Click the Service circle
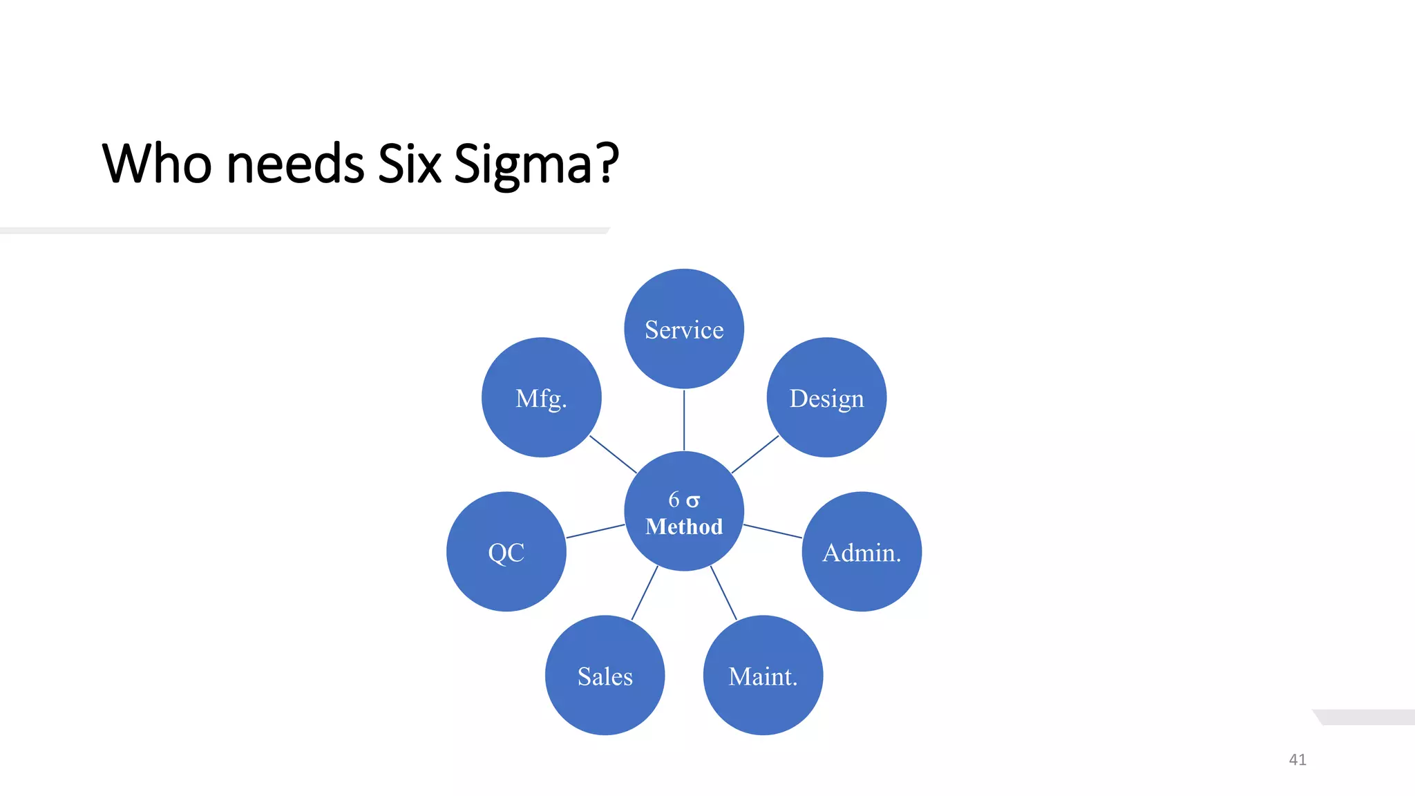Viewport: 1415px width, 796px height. pyautogui.click(x=684, y=329)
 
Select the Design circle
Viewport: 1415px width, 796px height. pyautogui.click(x=826, y=397)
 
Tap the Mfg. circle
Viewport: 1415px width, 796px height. pyautogui.click(x=541, y=397)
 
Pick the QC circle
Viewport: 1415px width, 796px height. pyautogui.click(x=506, y=551)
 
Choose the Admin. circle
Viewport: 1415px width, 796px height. pyautogui.click(x=862, y=551)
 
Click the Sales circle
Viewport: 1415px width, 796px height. pyautogui.click(x=605, y=675)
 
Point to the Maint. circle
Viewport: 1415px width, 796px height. pyautogui.click(x=763, y=675)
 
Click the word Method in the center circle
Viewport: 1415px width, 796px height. pyautogui.click(x=684, y=527)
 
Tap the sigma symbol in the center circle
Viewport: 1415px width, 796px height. pyautogui.click(x=693, y=500)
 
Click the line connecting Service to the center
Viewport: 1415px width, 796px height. pyautogui.click(x=684, y=420)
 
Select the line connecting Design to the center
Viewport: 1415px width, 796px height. pyautogui.click(x=755, y=454)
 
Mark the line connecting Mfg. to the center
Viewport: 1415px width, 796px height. pyautogui.click(x=613, y=454)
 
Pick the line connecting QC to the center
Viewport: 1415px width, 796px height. pyautogui.click(x=596, y=531)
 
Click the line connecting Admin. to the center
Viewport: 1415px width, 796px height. pyautogui.click(x=772, y=531)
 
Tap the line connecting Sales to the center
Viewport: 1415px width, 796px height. pyautogui.click(x=645, y=592)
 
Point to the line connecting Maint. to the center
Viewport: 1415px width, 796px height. pyautogui.click(x=723, y=592)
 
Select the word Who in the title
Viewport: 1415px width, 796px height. pyautogui.click(x=157, y=164)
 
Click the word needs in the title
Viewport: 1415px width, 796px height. pyautogui.click(x=295, y=164)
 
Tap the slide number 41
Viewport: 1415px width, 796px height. pyautogui.click(x=1298, y=759)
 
